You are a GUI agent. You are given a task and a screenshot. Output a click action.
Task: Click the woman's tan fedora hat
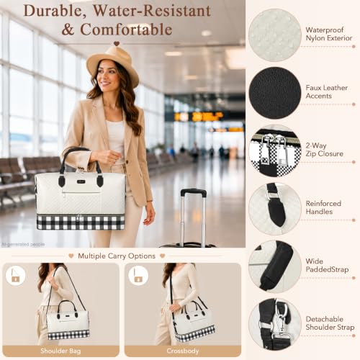pyautogui.click(x=113, y=63)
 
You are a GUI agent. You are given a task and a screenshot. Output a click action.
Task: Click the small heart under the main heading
pyautogui.click(x=117, y=43)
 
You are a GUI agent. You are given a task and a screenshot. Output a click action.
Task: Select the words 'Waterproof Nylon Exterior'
pyautogui.click(x=329, y=34)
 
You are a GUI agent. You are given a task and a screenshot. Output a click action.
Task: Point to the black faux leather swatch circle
pyautogui.click(x=275, y=93)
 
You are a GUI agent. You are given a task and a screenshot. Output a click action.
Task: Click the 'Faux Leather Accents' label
pyautogui.click(x=327, y=91)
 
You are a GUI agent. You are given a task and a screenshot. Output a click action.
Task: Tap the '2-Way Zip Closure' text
pyautogui.click(x=324, y=150)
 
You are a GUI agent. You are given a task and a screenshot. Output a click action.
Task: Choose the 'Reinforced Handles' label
pyautogui.click(x=323, y=207)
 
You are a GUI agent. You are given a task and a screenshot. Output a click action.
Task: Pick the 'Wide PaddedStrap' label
pyautogui.click(x=327, y=265)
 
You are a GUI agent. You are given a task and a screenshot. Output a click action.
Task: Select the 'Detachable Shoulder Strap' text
pyautogui.click(x=330, y=323)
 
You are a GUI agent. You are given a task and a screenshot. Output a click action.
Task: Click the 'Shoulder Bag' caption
pyautogui.click(x=60, y=351)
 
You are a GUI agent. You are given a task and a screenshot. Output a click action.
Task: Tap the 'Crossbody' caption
pyautogui.click(x=183, y=351)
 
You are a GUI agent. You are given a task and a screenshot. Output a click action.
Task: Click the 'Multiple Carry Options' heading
pyautogui.click(x=117, y=256)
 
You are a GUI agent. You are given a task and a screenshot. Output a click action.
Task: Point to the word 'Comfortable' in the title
pyautogui.click(x=126, y=30)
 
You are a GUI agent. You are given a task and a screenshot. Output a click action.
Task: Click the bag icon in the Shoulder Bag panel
pyautogui.click(x=15, y=276)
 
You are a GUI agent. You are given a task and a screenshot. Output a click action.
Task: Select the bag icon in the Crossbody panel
pyautogui.click(x=138, y=276)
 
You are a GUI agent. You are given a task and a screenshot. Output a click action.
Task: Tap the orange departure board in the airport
pyautogui.click(x=199, y=117)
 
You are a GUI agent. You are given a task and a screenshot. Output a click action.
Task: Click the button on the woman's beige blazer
pyautogui.click(x=127, y=163)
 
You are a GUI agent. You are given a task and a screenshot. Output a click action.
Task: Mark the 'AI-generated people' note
pyautogui.click(x=23, y=244)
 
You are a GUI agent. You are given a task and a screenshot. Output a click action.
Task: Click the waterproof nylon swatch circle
pyautogui.click(x=275, y=35)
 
